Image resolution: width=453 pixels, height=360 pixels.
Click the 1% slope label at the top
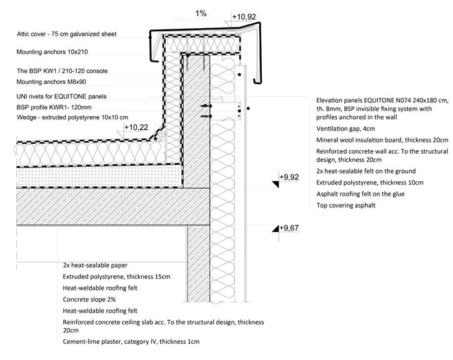pos(200,12)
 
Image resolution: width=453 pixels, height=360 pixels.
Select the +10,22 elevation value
pos(136,127)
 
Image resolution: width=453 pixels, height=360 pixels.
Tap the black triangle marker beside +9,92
pos(274,182)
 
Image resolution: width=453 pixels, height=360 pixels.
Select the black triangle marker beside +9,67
pos(274,231)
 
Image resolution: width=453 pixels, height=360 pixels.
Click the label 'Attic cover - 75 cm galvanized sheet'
pos(75,34)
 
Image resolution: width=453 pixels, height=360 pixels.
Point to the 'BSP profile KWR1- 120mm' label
pos(59,107)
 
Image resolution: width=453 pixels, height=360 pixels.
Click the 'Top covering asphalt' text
pos(346,205)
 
